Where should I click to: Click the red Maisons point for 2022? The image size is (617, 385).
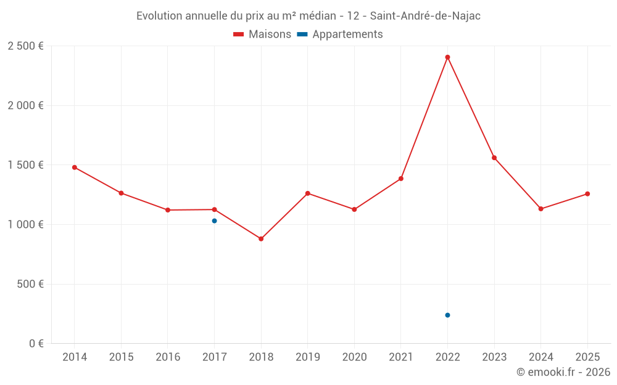pyautogui.click(x=447, y=57)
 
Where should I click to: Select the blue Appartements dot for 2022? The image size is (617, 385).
pyautogui.click(x=447, y=315)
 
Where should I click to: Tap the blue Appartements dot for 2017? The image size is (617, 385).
pyautogui.click(x=214, y=221)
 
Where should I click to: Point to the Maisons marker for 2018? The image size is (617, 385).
pyautogui.click(x=261, y=238)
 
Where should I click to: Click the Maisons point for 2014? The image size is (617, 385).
pyautogui.click(x=75, y=167)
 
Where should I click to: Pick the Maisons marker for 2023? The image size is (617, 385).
pyautogui.click(x=494, y=158)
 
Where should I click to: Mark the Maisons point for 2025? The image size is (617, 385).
pyautogui.click(x=587, y=194)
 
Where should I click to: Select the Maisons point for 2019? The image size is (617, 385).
pyautogui.click(x=308, y=193)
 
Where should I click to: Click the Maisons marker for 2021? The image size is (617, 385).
pyautogui.click(x=401, y=179)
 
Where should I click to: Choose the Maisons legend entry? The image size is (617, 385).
pyautogui.click(x=262, y=34)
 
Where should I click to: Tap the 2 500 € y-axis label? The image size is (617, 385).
pyautogui.click(x=25, y=46)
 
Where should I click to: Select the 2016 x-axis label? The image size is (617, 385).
pyautogui.click(x=168, y=357)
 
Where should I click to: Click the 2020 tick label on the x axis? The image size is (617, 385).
pyautogui.click(x=354, y=357)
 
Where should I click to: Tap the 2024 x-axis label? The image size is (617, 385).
pyautogui.click(x=540, y=357)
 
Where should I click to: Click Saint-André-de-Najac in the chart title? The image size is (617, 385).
pyautogui.click(x=425, y=16)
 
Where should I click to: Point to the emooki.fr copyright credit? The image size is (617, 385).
pyautogui.click(x=563, y=372)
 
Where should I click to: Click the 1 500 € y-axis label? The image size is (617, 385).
pyautogui.click(x=25, y=165)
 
